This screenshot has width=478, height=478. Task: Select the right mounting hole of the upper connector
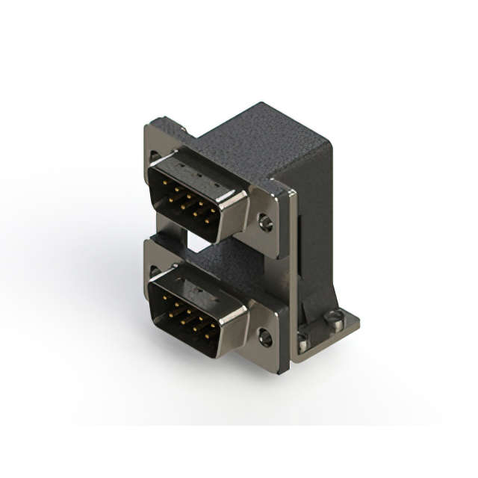(264, 223)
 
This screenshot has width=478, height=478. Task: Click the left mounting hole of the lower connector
(154, 270)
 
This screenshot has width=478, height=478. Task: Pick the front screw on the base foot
(302, 346)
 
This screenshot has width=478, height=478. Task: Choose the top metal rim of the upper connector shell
(198, 162)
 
